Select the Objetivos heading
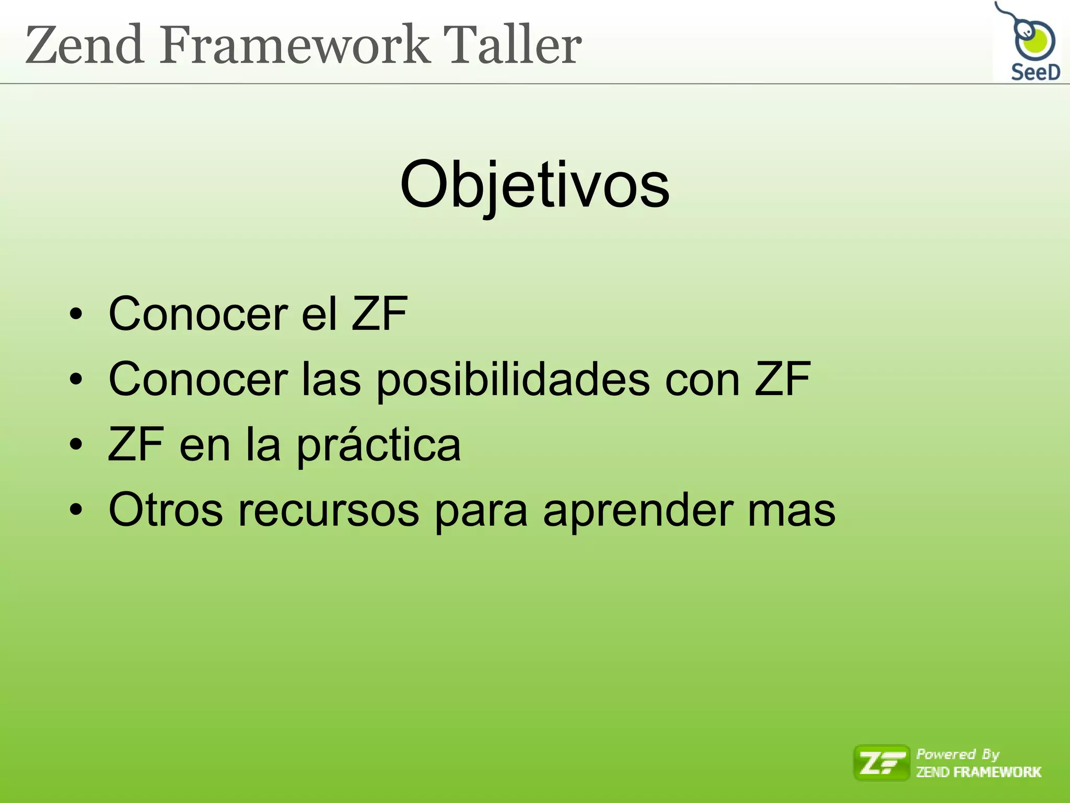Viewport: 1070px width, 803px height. click(534, 186)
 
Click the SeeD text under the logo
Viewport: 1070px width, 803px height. click(1035, 72)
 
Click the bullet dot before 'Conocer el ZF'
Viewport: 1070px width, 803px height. click(76, 315)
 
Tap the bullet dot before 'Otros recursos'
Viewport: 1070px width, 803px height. click(76, 511)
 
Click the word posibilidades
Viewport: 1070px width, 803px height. click(513, 381)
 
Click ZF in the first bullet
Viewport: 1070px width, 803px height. click(379, 314)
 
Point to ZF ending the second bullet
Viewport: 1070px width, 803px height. click(782, 380)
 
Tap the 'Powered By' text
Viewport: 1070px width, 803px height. click(958, 754)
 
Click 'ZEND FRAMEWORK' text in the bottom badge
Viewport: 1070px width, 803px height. click(979, 772)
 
